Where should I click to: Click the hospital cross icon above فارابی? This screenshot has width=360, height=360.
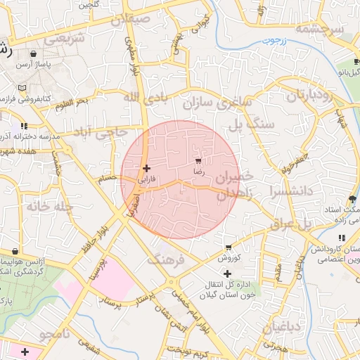click(146, 168)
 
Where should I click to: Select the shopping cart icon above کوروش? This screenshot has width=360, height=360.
click(229, 247)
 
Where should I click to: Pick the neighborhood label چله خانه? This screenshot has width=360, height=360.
click(49, 206)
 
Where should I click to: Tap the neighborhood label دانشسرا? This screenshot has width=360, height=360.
click(284, 191)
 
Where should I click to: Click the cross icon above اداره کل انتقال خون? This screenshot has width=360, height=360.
click(227, 273)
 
